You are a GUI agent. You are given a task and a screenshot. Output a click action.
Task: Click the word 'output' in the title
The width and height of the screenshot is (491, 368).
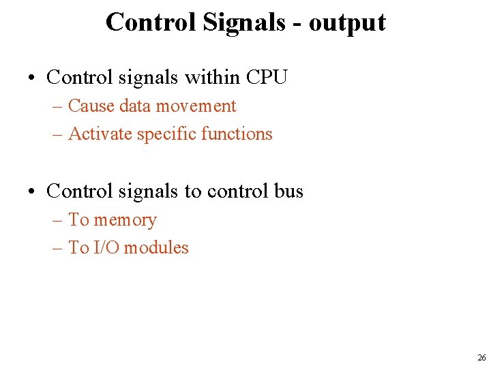click(x=347, y=22)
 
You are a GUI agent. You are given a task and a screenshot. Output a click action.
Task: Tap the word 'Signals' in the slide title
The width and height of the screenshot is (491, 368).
click(x=243, y=22)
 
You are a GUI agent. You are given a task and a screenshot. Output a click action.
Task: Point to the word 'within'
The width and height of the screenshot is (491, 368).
click(x=207, y=77)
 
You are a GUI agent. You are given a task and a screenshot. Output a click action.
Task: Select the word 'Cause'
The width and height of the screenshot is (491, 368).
click(x=91, y=106)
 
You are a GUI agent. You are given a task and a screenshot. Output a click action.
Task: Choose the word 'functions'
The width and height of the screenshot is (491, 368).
click(x=233, y=134)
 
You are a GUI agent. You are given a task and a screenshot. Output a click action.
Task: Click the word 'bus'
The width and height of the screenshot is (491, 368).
click(x=288, y=191)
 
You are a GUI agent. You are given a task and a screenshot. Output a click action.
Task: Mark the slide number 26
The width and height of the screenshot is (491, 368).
click(x=481, y=358)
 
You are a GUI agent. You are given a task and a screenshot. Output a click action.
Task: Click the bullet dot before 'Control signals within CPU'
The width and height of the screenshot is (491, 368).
click(x=33, y=78)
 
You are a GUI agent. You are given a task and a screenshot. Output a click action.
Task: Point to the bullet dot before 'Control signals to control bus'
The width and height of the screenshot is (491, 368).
click(x=33, y=192)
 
